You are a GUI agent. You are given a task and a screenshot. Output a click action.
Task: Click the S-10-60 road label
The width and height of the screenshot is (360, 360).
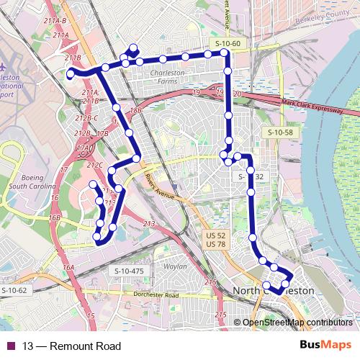227,45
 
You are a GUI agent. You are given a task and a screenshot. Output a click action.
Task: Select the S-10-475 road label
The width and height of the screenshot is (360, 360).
129,270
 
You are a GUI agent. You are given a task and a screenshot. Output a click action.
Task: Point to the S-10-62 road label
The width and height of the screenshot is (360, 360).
14,290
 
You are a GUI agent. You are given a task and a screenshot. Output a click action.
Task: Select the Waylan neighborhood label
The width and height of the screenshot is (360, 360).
176,266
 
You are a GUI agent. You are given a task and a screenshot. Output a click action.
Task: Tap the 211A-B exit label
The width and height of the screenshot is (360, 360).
55,21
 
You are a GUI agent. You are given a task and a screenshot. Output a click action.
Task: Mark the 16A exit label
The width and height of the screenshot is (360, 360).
68,267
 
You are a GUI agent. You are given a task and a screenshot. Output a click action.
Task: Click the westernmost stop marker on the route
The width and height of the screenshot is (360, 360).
70,73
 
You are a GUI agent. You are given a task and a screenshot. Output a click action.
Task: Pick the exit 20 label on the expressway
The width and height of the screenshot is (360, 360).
238,94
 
